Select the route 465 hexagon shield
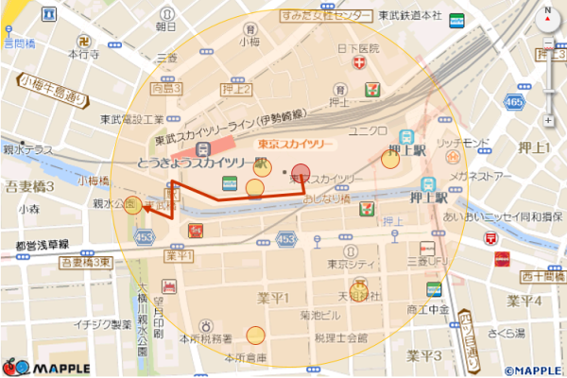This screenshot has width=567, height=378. coord(514,100)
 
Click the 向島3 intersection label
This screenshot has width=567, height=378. coord(165,88)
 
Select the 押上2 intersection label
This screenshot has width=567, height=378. coord(235,89)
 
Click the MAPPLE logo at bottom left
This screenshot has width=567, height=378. coord(46,366)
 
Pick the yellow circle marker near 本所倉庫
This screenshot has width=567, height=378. coord(255,335)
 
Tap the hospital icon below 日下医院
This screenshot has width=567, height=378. coord(358,62)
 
